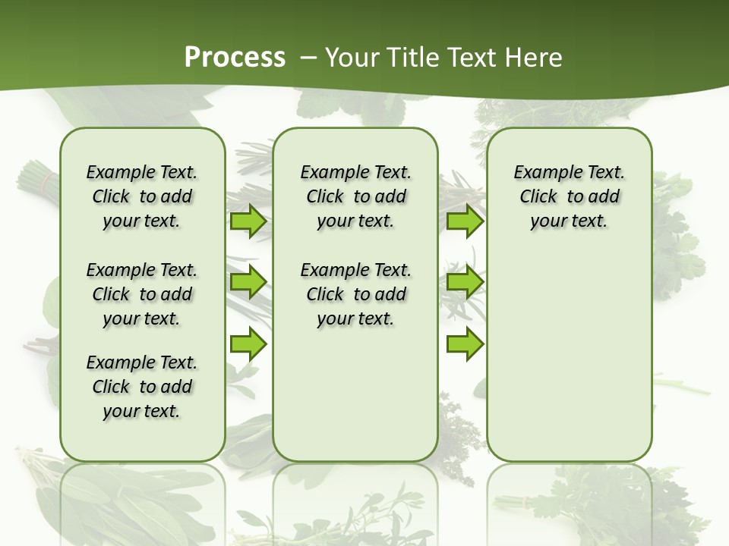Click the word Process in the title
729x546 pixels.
click(x=235, y=58)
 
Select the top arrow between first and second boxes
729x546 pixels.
click(x=248, y=221)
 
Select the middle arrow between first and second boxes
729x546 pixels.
click(x=248, y=283)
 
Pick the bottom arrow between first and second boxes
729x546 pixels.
click(x=248, y=344)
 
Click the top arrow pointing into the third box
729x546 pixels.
click(x=465, y=221)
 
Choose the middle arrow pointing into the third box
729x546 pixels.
click(x=465, y=283)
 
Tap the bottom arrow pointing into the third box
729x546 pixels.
click(x=465, y=344)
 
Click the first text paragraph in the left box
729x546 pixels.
click(x=142, y=196)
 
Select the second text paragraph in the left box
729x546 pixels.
click(x=142, y=294)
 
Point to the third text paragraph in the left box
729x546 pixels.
click(x=142, y=387)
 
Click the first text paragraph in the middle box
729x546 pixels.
click(x=355, y=196)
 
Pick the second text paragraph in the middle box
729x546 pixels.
click(x=355, y=294)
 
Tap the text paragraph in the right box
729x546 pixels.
click(x=569, y=196)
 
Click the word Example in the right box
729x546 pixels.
click(x=541, y=172)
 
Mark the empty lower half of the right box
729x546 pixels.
click(x=569, y=364)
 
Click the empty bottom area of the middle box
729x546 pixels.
click(x=355, y=402)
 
